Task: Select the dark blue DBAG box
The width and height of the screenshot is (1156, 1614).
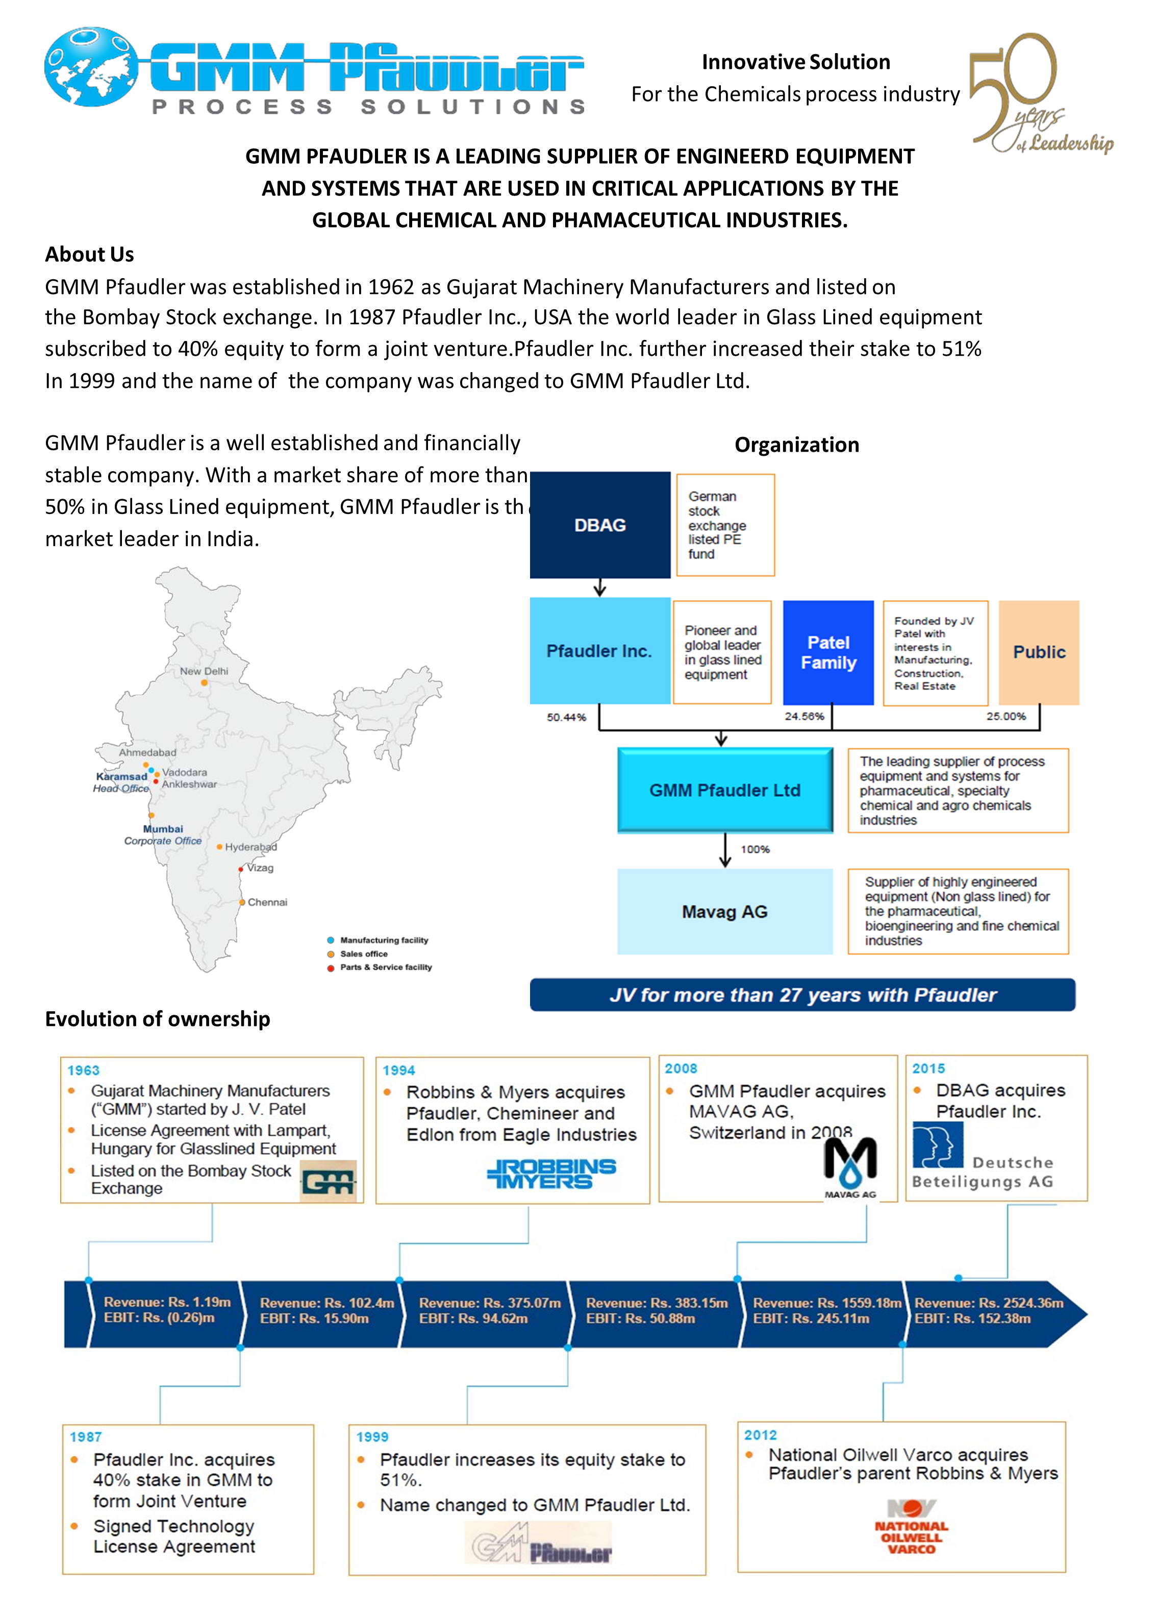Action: coord(600,525)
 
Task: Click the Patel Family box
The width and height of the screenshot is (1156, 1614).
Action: coord(828,652)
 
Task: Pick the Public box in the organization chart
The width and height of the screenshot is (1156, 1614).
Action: coord(1039,652)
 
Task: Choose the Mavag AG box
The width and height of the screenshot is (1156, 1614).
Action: coord(724,912)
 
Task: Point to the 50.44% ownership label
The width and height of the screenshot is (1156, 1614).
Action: coord(566,717)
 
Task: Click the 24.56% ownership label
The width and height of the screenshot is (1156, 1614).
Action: coord(804,717)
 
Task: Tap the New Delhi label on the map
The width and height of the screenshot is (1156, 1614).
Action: coord(204,671)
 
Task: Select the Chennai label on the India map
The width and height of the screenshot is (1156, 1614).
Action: coord(267,902)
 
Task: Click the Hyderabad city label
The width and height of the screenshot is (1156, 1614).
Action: coord(250,847)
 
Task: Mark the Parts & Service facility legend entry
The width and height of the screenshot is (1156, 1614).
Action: coord(385,967)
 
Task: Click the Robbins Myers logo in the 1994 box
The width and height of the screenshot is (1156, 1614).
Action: coord(551,1173)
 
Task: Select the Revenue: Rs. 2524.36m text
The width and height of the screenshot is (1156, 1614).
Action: coord(989,1303)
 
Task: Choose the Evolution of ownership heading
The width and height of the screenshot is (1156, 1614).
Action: coord(157,1019)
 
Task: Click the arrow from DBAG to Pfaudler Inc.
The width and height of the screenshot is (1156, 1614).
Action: coord(600,587)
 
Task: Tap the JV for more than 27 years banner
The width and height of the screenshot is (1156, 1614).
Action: coord(802,995)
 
